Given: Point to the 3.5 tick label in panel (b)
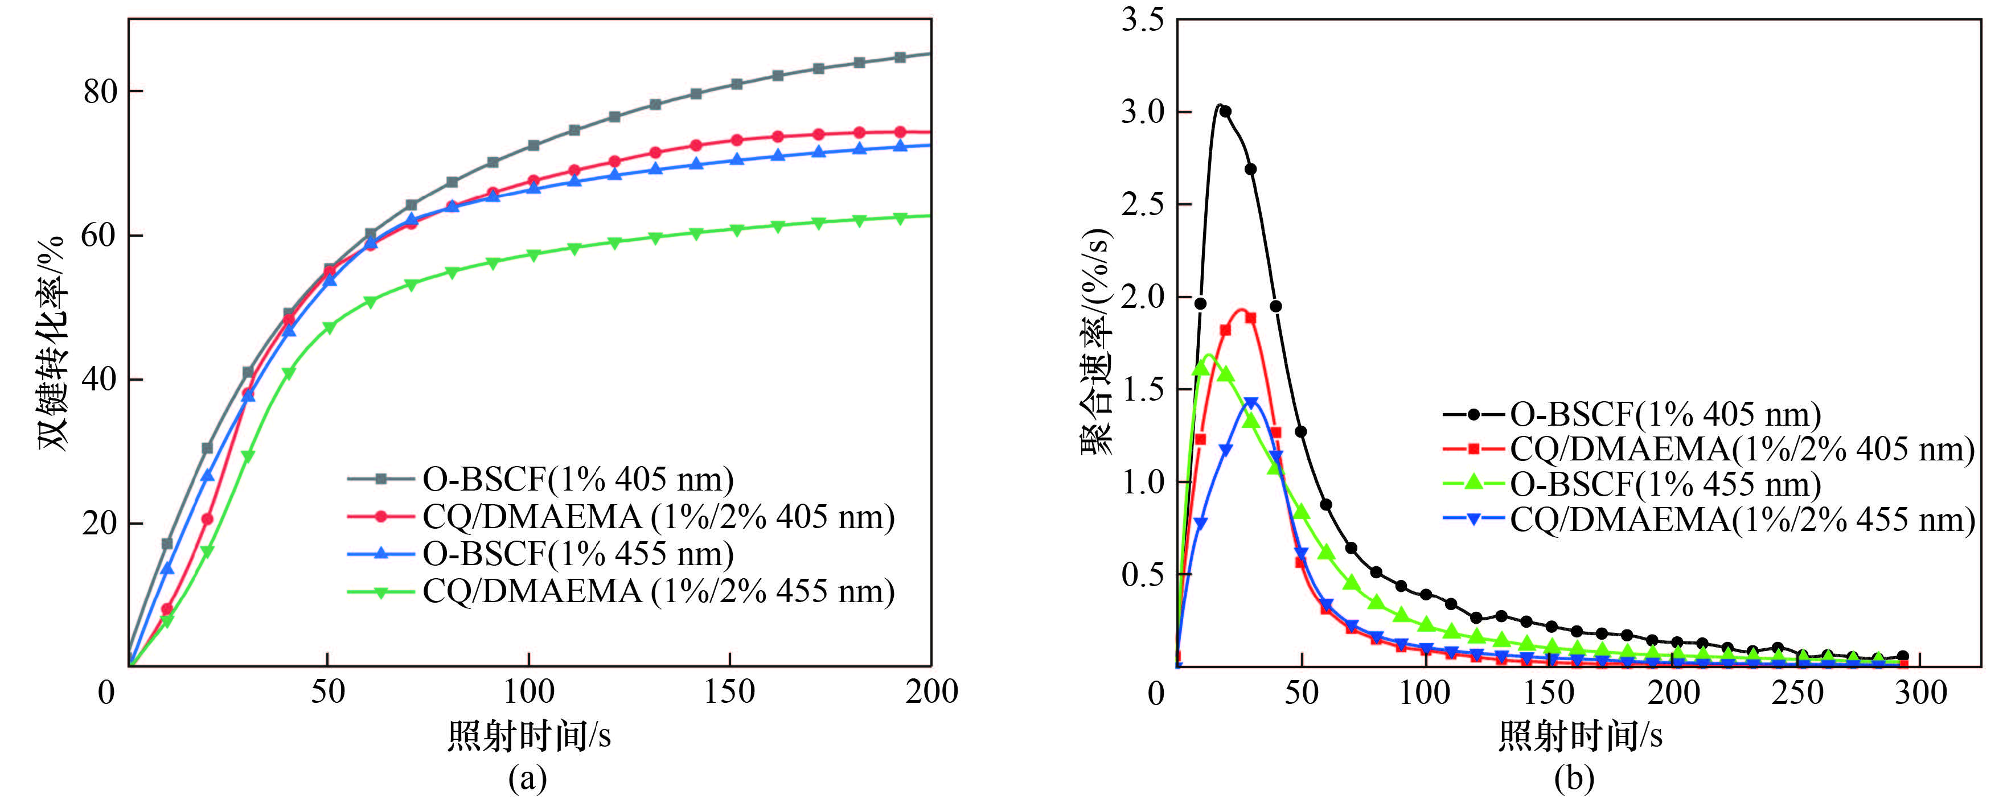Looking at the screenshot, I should pyautogui.click(x=1142, y=19).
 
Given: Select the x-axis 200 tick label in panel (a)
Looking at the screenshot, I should pyautogui.click(x=931, y=691).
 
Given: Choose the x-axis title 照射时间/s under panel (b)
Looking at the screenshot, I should pyautogui.click(x=1580, y=735).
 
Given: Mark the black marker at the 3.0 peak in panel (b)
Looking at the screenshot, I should pyautogui.click(x=1225, y=112).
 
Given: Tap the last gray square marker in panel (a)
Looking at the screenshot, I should pyautogui.click(x=900, y=57).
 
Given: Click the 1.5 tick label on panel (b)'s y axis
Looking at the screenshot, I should pyautogui.click(x=1142, y=389).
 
